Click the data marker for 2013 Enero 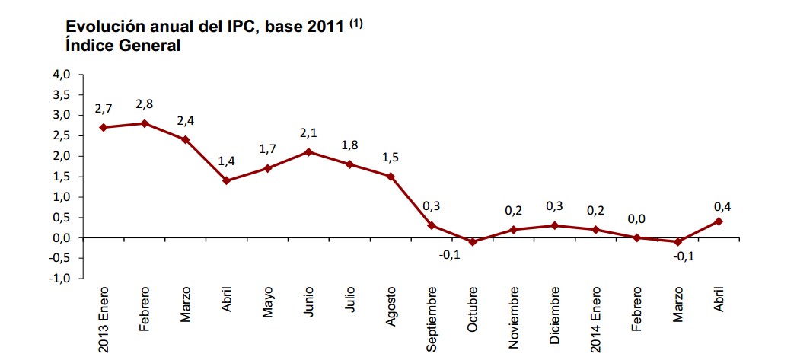point(103,127)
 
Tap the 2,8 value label point(144,104)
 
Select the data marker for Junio point(308,151)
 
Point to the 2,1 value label point(308,133)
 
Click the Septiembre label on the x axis point(432,319)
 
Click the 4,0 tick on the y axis point(62,75)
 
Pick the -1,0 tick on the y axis point(60,279)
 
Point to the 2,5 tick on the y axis point(62,135)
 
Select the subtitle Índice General point(123,46)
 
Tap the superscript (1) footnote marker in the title point(355,24)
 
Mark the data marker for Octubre point(473,242)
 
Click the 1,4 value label point(226,162)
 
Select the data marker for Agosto point(391,177)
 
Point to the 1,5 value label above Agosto point(391,158)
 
